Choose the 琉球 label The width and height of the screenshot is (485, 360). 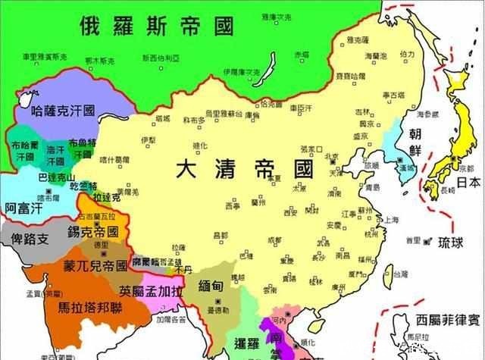coord(454,243)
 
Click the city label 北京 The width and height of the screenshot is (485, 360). coord(331,158)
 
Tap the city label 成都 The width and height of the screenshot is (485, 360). coord(263,241)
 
